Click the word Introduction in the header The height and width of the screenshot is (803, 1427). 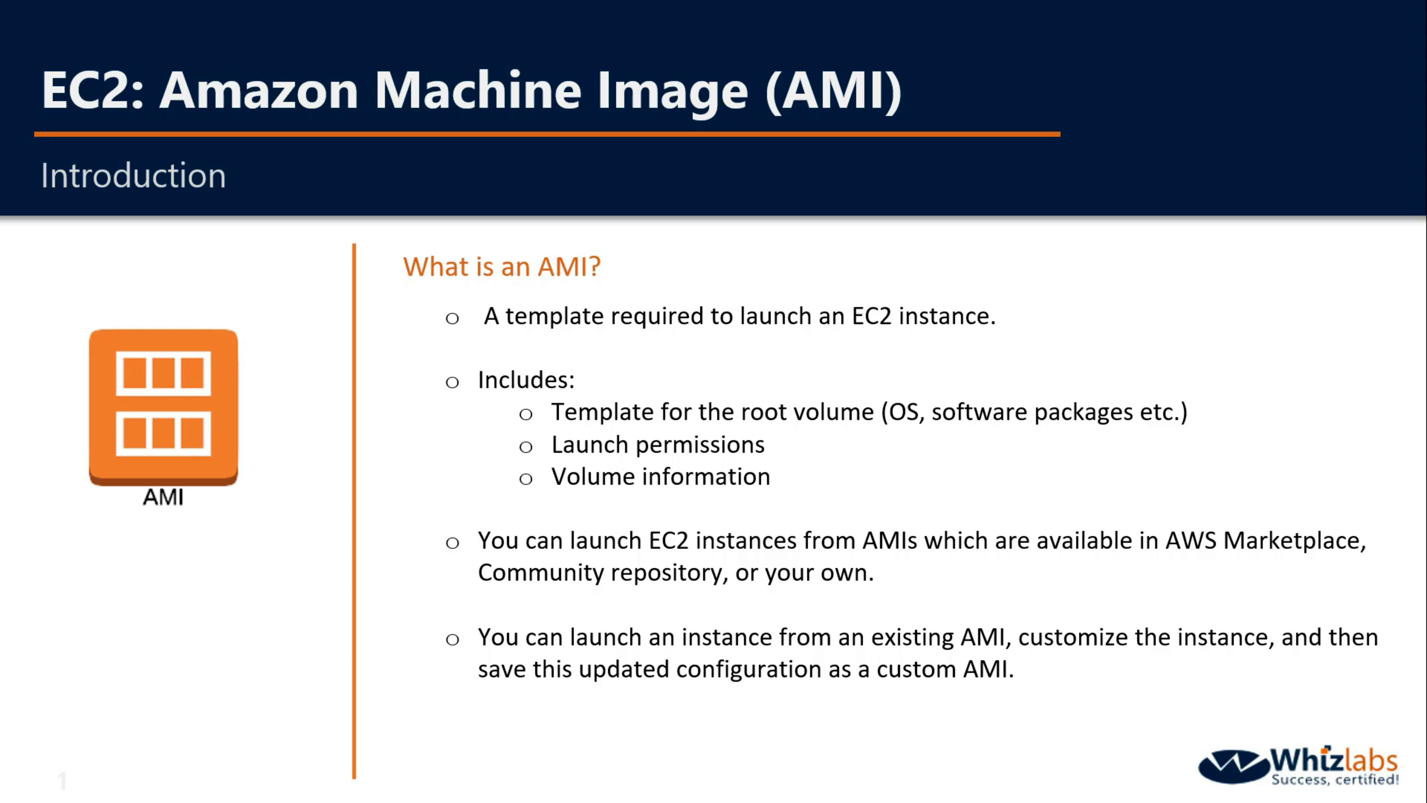(133, 176)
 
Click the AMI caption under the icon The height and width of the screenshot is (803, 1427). (163, 497)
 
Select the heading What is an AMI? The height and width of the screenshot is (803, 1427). (501, 267)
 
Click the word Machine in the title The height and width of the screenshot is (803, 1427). (478, 90)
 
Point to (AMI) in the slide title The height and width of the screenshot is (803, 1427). (833, 90)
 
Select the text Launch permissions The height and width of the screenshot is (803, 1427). (657, 445)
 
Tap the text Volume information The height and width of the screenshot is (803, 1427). (660, 477)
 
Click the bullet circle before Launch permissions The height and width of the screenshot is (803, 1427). (526, 446)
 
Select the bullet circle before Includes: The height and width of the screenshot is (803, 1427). (452, 382)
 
